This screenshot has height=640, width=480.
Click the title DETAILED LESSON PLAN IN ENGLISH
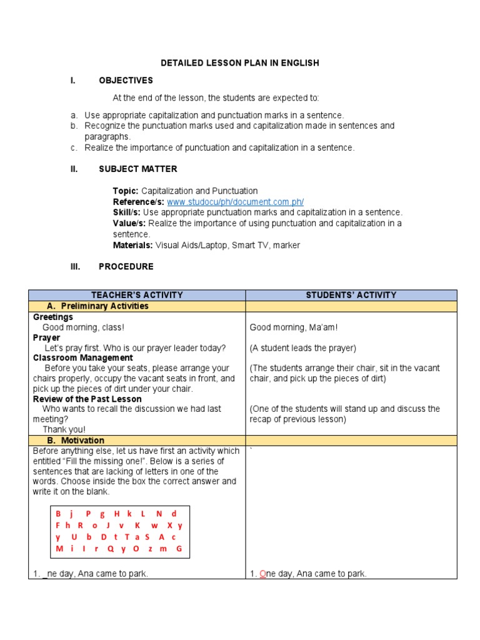point(240,63)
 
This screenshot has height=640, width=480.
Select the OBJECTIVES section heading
point(126,81)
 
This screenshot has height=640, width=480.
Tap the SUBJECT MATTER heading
point(137,169)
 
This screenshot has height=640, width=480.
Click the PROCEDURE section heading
point(126,266)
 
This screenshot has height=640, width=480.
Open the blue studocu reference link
point(235,202)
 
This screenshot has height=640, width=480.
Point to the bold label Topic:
point(126,191)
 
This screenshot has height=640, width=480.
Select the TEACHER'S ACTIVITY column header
point(137,295)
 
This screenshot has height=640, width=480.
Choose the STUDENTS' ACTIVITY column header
point(351,295)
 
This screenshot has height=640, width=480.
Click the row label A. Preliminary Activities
point(97,306)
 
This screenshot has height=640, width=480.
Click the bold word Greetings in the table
point(53,317)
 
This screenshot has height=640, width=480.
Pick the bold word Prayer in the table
point(47,337)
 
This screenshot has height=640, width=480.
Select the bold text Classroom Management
point(82,358)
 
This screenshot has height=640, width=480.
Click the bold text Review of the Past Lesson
point(87,399)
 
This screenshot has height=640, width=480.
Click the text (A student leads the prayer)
point(302,348)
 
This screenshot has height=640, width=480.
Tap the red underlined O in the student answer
point(262,574)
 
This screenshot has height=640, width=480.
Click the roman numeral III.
point(75,266)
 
